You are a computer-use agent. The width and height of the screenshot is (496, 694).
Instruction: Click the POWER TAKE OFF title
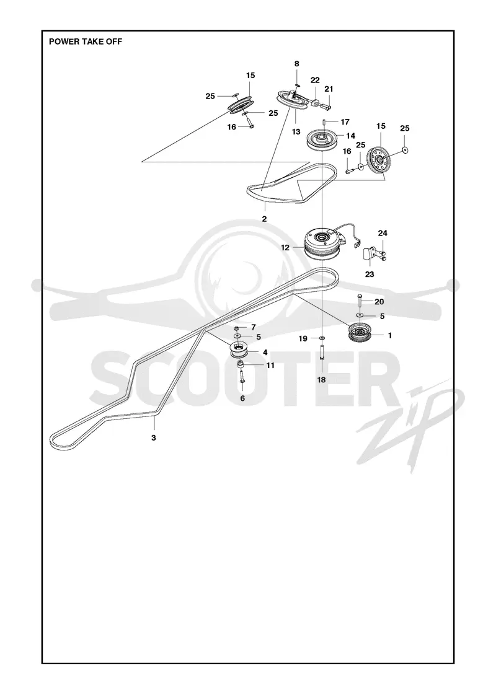pyautogui.click(x=86, y=42)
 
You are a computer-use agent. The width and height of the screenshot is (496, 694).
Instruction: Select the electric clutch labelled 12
pyautogui.click(x=322, y=245)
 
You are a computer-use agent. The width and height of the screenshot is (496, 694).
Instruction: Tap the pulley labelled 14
pyautogui.click(x=322, y=140)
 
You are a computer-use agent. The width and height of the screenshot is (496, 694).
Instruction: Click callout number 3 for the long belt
pyautogui.click(x=154, y=437)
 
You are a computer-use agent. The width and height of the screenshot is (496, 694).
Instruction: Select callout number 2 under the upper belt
pyautogui.click(x=264, y=219)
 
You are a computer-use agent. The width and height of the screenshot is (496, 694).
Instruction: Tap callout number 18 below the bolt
pyautogui.click(x=322, y=380)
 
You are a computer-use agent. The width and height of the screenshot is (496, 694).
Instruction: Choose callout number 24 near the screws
pyautogui.click(x=383, y=233)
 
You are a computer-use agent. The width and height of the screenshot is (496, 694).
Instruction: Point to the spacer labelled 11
pyautogui.click(x=242, y=365)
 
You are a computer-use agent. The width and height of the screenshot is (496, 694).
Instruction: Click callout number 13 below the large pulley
pyautogui.click(x=296, y=131)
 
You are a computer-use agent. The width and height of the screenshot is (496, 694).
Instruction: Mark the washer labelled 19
pyautogui.click(x=322, y=338)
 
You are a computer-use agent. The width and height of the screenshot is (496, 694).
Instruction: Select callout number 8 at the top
pyautogui.click(x=297, y=64)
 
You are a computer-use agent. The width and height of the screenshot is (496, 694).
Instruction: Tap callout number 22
pyautogui.click(x=315, y=80)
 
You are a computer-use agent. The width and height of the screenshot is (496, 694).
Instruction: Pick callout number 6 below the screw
pyautogui.click(x=242, y=398)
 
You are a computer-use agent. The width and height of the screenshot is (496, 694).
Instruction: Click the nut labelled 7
pyautogui.click(x=237, y=328)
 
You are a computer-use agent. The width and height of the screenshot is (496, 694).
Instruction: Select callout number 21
pyautogui.click(x=329, y=89)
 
